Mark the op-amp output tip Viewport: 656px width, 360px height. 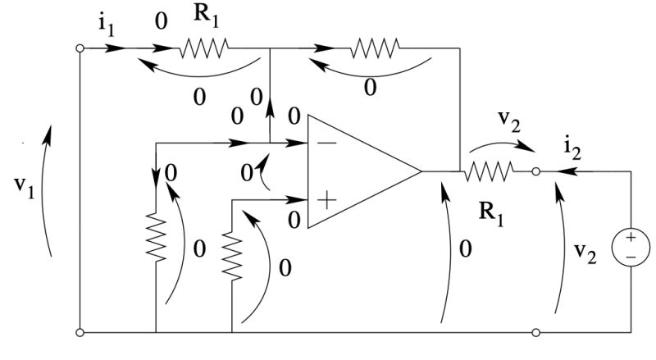pyautogui.click(x=420, y=171)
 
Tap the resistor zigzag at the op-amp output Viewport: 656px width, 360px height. pyautogui.click(x=490, y=171)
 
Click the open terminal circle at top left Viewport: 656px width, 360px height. pyautogui.click(x=80, y=48)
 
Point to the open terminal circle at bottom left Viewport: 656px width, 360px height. pyautogui.click(x=80, y=333)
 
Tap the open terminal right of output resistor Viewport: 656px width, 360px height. pyautogui.click(x=535, y=171)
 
